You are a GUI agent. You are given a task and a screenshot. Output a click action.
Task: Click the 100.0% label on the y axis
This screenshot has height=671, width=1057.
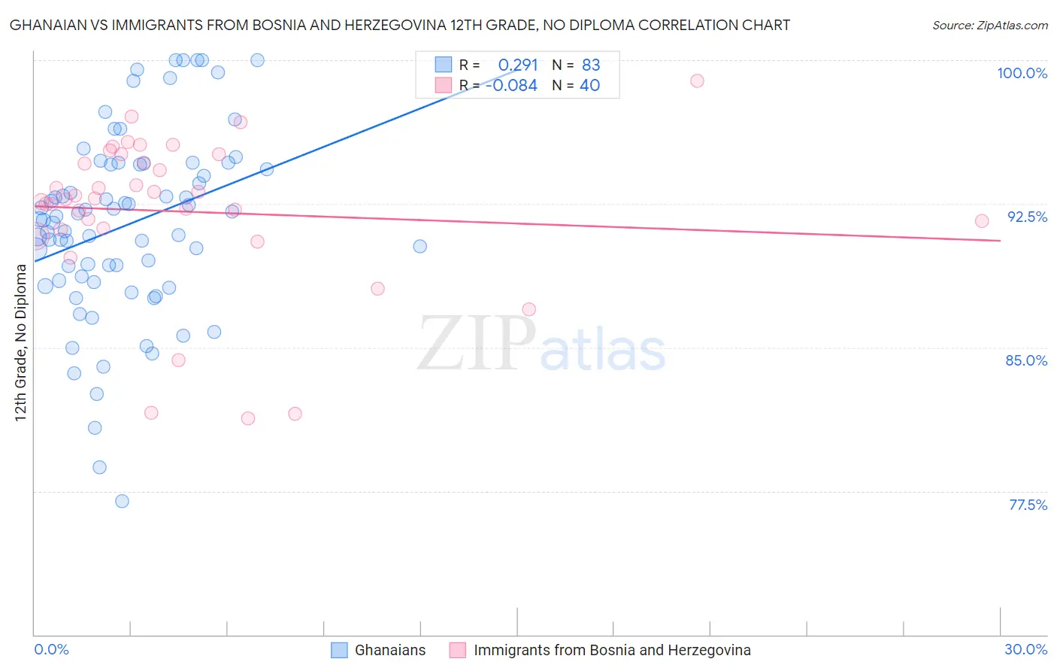pos(1022,73)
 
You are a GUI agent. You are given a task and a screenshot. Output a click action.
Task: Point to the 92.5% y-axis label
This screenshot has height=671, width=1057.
pos(1027,217)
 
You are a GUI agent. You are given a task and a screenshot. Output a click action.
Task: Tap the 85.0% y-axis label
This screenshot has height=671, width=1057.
pos(1026,360)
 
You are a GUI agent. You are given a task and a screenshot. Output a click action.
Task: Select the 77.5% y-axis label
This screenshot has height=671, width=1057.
pos(1028,505)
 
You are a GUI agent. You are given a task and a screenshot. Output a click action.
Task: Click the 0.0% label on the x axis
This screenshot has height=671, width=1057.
pos(51,649)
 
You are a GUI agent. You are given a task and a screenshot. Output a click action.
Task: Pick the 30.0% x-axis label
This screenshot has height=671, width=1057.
pos(1025,649)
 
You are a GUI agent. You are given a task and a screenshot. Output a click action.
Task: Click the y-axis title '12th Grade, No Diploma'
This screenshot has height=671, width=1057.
pos(21,342)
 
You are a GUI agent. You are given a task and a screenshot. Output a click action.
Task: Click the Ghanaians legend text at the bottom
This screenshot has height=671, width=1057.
pos(390,650)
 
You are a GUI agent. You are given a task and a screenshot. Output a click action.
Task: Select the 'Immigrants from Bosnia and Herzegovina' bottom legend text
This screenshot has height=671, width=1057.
pos(612,650)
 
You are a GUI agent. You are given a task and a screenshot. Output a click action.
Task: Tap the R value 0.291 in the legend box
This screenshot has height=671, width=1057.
pos(518,65)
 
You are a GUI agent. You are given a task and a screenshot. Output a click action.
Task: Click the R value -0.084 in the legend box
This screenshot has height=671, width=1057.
pos(511,86)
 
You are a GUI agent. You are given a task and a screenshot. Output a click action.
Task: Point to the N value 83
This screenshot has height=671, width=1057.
pos(591,65)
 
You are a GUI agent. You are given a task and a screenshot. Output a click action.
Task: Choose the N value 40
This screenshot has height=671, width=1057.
pos(589,86)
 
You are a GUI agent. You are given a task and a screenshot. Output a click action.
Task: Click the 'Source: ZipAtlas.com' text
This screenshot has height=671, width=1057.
pos(989,26)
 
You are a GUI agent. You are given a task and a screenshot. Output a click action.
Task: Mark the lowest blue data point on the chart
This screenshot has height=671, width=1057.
pos(122,501)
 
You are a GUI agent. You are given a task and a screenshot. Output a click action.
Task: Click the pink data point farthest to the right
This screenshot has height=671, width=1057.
pos(981,221)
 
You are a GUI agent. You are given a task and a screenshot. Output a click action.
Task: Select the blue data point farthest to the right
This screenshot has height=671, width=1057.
pos(419,246)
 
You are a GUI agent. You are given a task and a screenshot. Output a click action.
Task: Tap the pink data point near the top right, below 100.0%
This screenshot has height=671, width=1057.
pos(697,80)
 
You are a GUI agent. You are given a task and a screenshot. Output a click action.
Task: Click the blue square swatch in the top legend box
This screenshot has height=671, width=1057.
pos(444,65)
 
